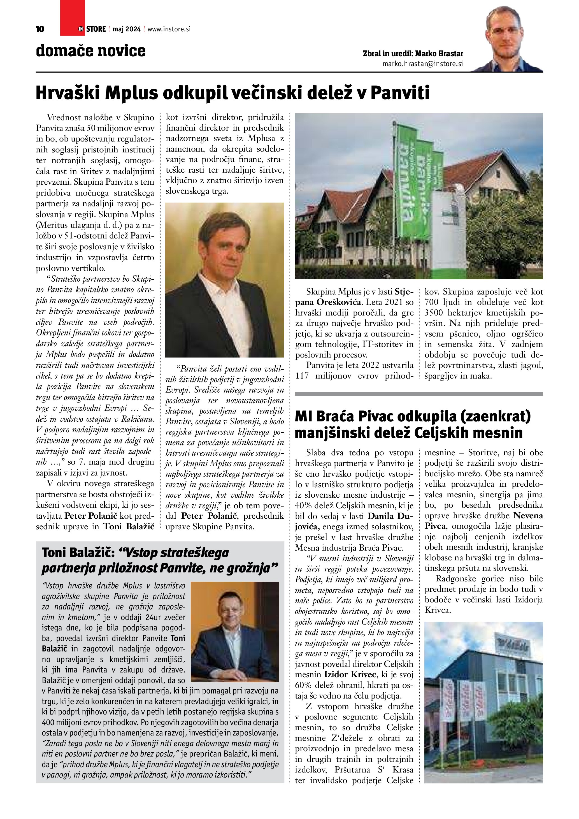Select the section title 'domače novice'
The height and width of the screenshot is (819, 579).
[90, 51]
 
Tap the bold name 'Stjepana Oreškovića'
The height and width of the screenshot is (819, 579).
[355, 297]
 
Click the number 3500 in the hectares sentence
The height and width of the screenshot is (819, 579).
[436, 313]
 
